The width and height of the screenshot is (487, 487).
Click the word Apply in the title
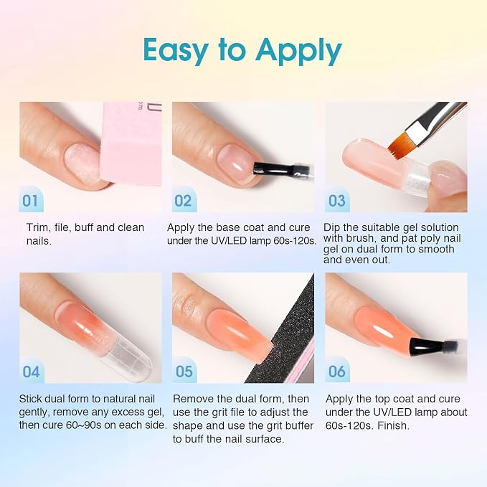point(298,51)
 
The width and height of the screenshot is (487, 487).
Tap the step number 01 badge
point(31,200)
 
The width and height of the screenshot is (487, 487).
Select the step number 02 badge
point(184,200)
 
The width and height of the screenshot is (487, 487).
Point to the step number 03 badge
point(337,200)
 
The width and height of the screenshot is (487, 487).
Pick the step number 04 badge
point(32,371)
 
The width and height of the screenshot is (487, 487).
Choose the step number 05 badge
point(184,371)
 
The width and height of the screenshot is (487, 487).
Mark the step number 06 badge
point(337,371)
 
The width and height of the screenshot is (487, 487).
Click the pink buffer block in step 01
point(132,143)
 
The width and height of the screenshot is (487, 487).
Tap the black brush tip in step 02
point(267,169)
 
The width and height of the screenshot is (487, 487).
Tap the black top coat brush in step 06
point(427,346)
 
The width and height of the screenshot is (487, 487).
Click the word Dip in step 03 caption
point(331,227)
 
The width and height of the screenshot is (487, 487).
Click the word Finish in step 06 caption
point(393,425)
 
